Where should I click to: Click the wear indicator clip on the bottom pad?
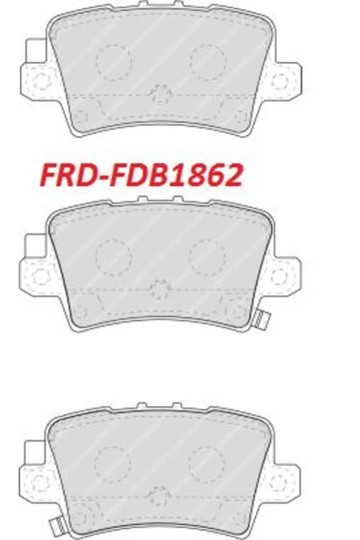point(58,525)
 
